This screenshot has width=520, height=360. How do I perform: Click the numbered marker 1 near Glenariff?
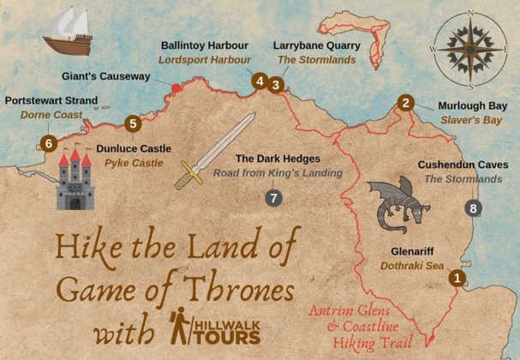pos(457,277)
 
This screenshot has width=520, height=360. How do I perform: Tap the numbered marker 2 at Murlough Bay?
pos(404,104)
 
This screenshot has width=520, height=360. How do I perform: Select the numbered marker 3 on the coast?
pos(275,84)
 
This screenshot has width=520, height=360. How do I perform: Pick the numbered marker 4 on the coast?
pos(259,81)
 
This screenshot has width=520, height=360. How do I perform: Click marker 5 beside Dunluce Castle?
pos(131,123)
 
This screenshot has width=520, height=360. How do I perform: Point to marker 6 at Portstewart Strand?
pos(49,143)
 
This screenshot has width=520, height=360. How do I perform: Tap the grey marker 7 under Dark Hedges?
pos(273,198)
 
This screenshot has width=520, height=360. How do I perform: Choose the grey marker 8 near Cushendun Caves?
pos(473,207)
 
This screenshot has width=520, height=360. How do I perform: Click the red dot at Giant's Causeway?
pos(176,87)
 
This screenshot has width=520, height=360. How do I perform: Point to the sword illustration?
pos(214,151)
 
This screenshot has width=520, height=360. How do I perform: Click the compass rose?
pos(469,50)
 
